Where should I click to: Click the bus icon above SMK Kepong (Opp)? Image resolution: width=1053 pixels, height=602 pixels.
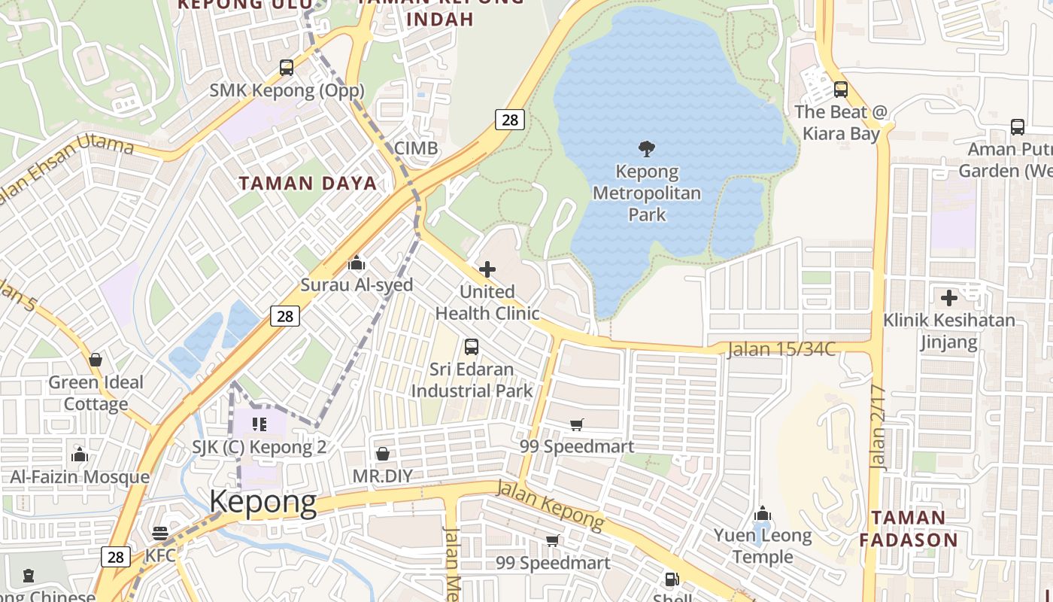click(x=287, y=68)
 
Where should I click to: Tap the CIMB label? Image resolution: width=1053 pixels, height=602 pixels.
click(x=416, y=148)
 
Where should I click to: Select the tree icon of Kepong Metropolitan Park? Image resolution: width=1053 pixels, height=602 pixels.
click(x=646, y=148)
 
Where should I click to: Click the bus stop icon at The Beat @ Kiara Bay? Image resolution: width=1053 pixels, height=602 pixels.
click(x=841, y=90)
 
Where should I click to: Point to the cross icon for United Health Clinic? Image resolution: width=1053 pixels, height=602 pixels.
click(x=487, y=269)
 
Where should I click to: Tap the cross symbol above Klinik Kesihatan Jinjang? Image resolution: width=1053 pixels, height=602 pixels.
click(x=949, y=298)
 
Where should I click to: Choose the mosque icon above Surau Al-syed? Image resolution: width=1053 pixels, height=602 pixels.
click(x=357, y=263)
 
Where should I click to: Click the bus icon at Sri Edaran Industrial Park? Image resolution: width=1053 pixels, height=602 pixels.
click(x=472, y=347)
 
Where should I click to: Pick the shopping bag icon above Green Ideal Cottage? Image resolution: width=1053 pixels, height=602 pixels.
click(x=96, y=360)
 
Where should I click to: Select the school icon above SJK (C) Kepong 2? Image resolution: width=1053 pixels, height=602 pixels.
click(x=259, y=424)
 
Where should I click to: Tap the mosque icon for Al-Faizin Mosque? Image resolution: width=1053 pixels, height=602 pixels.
click(x=79, y=455)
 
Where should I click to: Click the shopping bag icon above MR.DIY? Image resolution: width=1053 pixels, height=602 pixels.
click(x=383, y=454)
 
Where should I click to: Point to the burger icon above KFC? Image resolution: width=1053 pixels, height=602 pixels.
click(x=159, y=534)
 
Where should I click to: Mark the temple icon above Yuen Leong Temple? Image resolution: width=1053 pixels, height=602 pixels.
click(x=763, y=514)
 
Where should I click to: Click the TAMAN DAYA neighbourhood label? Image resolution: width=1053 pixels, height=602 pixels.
click(x=308, y=183)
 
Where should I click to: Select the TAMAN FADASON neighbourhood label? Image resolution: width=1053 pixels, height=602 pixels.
click(x=909, y=528)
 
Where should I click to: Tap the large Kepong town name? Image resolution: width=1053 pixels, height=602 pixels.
click(x=262, y=502)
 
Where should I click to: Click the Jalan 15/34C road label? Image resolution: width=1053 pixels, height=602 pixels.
click(x=781, y=350)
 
